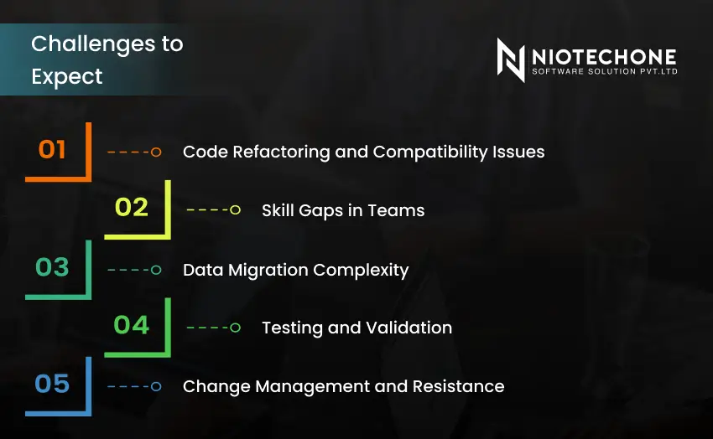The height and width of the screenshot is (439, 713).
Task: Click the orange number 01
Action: point(52,150)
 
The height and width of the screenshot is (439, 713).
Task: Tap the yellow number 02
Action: point(132,208)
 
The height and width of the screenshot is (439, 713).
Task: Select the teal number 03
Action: point(52,267)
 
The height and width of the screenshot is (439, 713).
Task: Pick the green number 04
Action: point(132,325)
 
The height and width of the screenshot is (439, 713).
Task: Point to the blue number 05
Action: point(52,384)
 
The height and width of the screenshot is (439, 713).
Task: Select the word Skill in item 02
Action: point(278,210)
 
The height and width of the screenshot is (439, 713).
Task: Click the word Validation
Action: point(409,328)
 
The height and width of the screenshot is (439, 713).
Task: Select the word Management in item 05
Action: point(313,386)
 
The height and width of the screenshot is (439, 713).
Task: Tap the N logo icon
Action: point(510,59)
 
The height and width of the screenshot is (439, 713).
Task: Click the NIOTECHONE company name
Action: point(603,56)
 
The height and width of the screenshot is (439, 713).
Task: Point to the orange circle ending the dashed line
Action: point(156,152)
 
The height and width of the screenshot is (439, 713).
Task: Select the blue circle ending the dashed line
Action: point(156,386)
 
